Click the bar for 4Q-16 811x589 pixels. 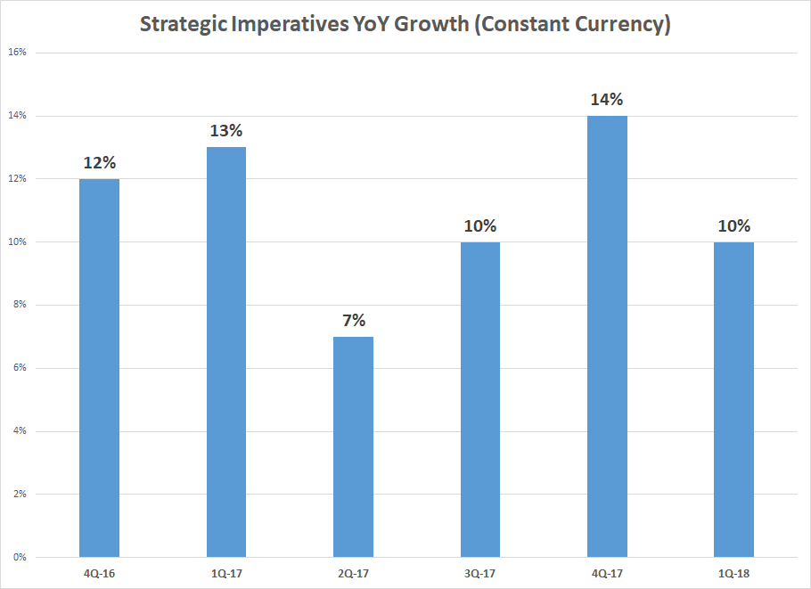pos(99,368)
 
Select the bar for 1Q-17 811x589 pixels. pos(226,352)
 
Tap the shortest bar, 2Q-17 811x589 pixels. pos(353,446)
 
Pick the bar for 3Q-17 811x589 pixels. pos(480,399)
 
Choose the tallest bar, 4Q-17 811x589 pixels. pos(607,336)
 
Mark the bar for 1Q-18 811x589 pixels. pos(734,399)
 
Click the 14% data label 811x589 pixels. pos(607,99)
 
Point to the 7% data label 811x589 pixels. pos(353,320)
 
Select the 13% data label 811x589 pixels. pos(226,131)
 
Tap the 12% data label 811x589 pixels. pos(99,163)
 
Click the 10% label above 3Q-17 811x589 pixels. pos(480,225)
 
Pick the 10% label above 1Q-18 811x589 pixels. pos(734,225)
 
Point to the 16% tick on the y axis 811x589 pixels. pos(18,53)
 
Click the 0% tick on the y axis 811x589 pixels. pos(20,558)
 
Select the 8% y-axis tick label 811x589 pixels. pos(20,305)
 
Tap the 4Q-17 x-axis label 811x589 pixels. pos(607,574)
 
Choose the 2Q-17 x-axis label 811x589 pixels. pos(353,574)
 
